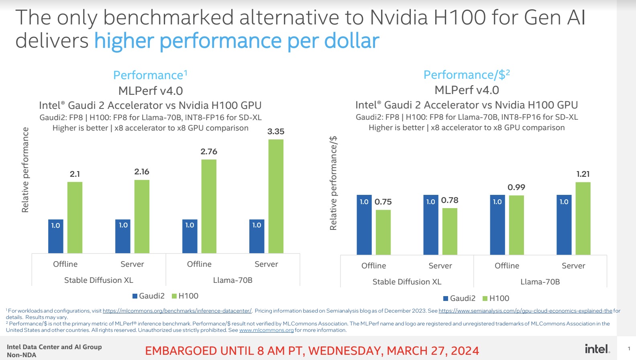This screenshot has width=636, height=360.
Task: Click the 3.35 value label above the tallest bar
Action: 276,131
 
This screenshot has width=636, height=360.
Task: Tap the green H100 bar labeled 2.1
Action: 75,217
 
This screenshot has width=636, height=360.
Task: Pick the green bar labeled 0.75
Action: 383,232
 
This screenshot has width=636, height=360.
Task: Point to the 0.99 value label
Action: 516,187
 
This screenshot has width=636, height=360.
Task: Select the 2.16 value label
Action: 142,172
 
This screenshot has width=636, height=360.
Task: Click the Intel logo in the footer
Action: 597,349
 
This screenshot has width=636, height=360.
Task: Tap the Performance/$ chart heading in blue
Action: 467,75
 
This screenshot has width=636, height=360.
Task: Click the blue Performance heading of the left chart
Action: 150,75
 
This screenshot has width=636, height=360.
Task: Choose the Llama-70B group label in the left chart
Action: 233,280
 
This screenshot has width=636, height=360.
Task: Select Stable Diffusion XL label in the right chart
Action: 407,282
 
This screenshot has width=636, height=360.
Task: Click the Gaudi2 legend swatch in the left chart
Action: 135,296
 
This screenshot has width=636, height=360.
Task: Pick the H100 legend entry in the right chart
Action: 496,298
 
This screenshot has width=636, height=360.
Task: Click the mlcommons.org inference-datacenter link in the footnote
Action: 177,311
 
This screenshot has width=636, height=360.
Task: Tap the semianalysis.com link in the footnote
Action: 525,311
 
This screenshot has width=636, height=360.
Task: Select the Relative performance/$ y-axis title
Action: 333,183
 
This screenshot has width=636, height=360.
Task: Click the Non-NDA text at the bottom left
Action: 22,355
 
